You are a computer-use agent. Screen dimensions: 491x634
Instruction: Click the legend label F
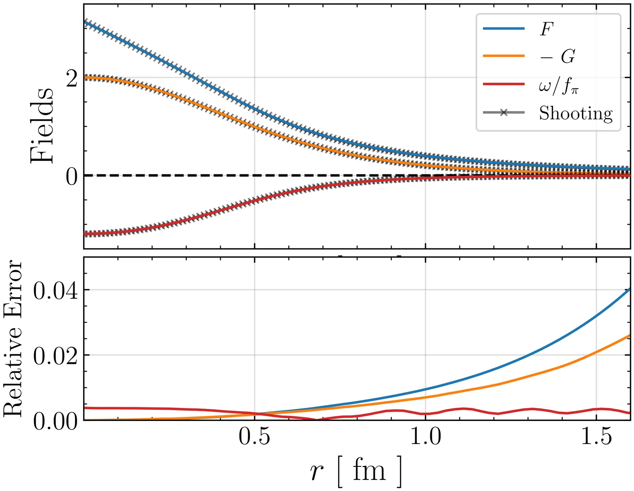[546, 29]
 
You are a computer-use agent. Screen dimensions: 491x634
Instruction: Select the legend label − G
[557, 57]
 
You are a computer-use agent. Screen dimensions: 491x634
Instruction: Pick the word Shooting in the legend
[576, 113]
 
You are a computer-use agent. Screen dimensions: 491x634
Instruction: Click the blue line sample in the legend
[504, 29]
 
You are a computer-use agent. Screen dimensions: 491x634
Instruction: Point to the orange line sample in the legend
[504, 56]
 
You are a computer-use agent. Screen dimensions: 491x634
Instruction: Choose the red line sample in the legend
[504, 84]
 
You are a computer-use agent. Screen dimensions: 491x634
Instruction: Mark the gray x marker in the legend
[504, 113]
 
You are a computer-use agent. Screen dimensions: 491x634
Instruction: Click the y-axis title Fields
[42, 125]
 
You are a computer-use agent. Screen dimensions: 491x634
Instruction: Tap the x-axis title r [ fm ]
[355, 471]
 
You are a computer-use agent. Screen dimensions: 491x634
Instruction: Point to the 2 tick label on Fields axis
[72, 79]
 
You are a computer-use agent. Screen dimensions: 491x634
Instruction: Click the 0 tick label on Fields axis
[72, 177]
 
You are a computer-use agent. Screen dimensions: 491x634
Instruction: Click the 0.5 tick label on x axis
[254, 437]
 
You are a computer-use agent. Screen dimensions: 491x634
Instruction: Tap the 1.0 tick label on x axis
[426, 437]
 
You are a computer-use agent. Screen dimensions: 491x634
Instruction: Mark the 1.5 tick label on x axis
[597, 437]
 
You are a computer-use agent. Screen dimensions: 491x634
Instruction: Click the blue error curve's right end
[629, 289]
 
